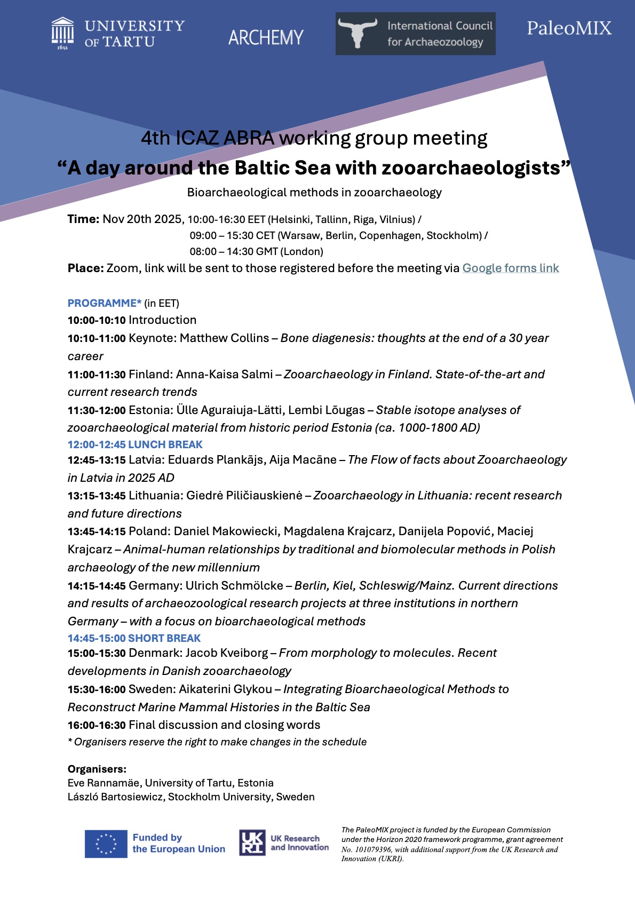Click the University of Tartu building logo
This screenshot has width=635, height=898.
(62, 33)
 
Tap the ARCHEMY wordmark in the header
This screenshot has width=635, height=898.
(266, 37)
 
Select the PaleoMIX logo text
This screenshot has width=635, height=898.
(569, 28)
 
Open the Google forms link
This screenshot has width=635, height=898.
(510, 268)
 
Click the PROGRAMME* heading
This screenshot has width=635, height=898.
(105, 303)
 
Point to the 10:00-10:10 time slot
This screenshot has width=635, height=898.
(97, 320)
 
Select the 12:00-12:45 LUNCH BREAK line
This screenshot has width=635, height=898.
(135, 444)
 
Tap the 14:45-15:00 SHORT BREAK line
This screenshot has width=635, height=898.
(134, 638)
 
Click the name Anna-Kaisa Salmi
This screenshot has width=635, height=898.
(224, 375)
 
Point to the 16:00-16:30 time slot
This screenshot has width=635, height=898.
(97, 725)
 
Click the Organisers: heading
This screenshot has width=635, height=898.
(97, 769)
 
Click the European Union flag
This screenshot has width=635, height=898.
(106, 844)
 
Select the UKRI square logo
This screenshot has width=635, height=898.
(252, 843)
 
